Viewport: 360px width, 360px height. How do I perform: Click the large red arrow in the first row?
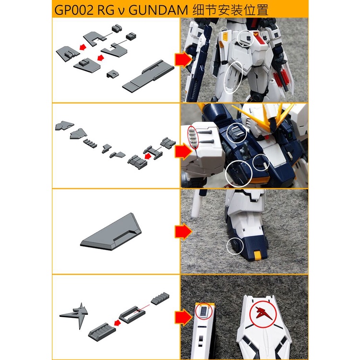[x=183, y=60]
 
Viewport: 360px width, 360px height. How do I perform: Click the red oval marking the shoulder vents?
[x=192, y=136]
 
